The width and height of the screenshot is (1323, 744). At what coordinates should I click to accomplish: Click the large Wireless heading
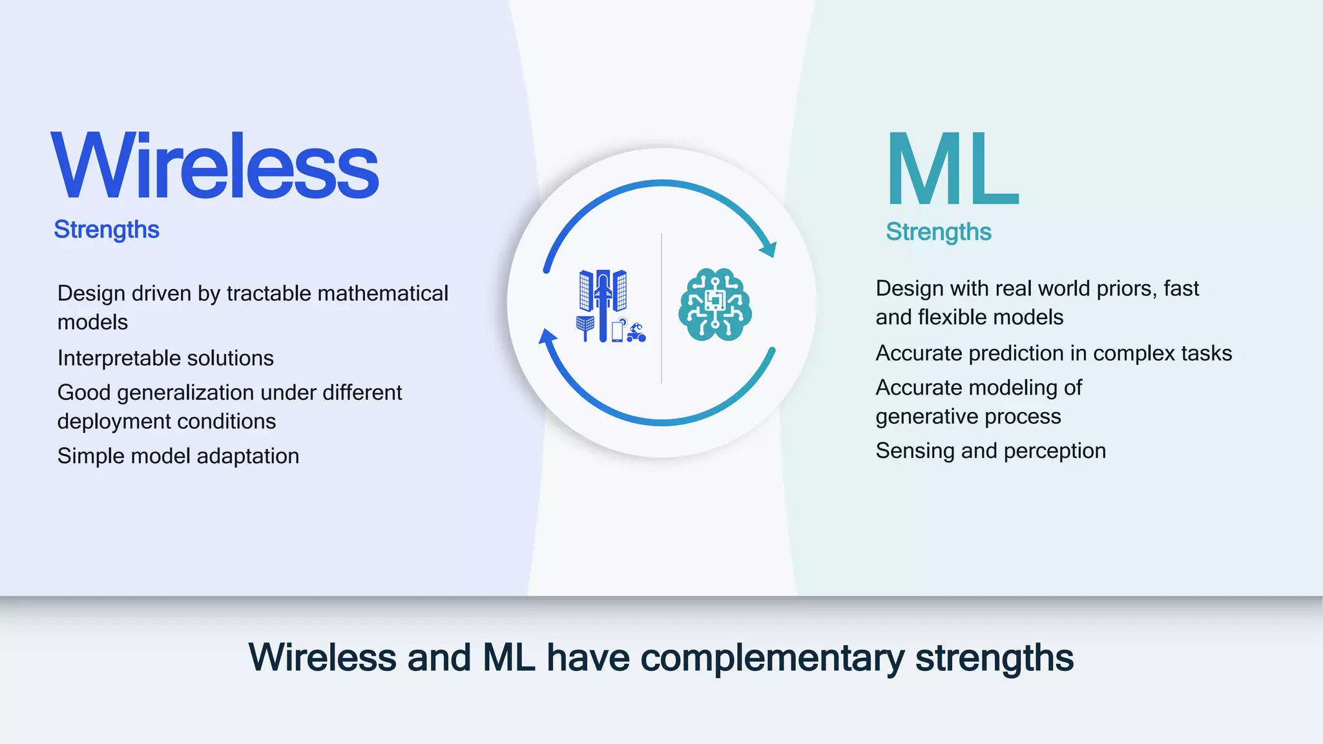(215, 166)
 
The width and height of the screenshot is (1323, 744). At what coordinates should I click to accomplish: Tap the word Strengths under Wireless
(107, 230)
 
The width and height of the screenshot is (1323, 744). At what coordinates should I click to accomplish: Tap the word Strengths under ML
(938, 232)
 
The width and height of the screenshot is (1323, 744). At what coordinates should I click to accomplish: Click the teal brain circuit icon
(714, 305)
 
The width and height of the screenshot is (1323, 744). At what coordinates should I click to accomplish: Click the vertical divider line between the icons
(661, 309)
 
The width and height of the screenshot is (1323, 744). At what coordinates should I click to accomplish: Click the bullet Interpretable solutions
(165, 358)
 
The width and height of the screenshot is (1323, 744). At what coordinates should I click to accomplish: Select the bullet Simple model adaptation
(178, 456)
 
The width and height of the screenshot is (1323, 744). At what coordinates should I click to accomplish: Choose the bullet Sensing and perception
(990, 451)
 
